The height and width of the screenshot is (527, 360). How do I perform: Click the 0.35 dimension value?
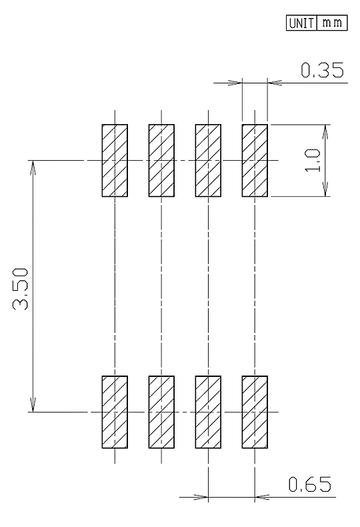click(x=322, y=70)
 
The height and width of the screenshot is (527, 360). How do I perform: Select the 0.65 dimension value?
click(x=309, y=484)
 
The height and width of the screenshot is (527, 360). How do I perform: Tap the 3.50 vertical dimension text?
click(x=21, y=289)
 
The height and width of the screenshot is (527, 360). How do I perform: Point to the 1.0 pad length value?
click(x=313, y=161)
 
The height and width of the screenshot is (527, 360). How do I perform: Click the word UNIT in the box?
click(x=301, y=23)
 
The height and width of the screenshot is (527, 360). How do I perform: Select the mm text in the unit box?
click(x=332, y=23)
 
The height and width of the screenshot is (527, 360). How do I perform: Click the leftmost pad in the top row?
click(x=115, y=160)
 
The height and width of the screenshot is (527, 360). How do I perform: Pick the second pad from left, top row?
click(x=161, y=160)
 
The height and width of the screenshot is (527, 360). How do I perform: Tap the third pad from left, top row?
click(x=208, y=160)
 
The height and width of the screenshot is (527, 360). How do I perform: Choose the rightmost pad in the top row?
click(x=255, y=160)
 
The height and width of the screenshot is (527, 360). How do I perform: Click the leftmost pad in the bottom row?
click(x=115, y=412)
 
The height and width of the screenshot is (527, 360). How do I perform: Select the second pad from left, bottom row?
click(x=161, y=412)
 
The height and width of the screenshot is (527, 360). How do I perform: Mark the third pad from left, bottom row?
click(x=208, y=412)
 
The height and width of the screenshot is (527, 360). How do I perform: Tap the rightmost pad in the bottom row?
click(x=255, y=412)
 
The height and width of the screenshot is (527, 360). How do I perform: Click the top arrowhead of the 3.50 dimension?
click(x=33, y=167)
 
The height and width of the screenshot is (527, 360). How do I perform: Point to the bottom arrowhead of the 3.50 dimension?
click(x=33, y=405)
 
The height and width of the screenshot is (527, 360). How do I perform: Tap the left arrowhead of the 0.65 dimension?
click(x=201, y=497)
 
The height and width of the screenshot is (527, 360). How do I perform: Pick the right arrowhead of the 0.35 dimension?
click(x=275, y=83)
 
